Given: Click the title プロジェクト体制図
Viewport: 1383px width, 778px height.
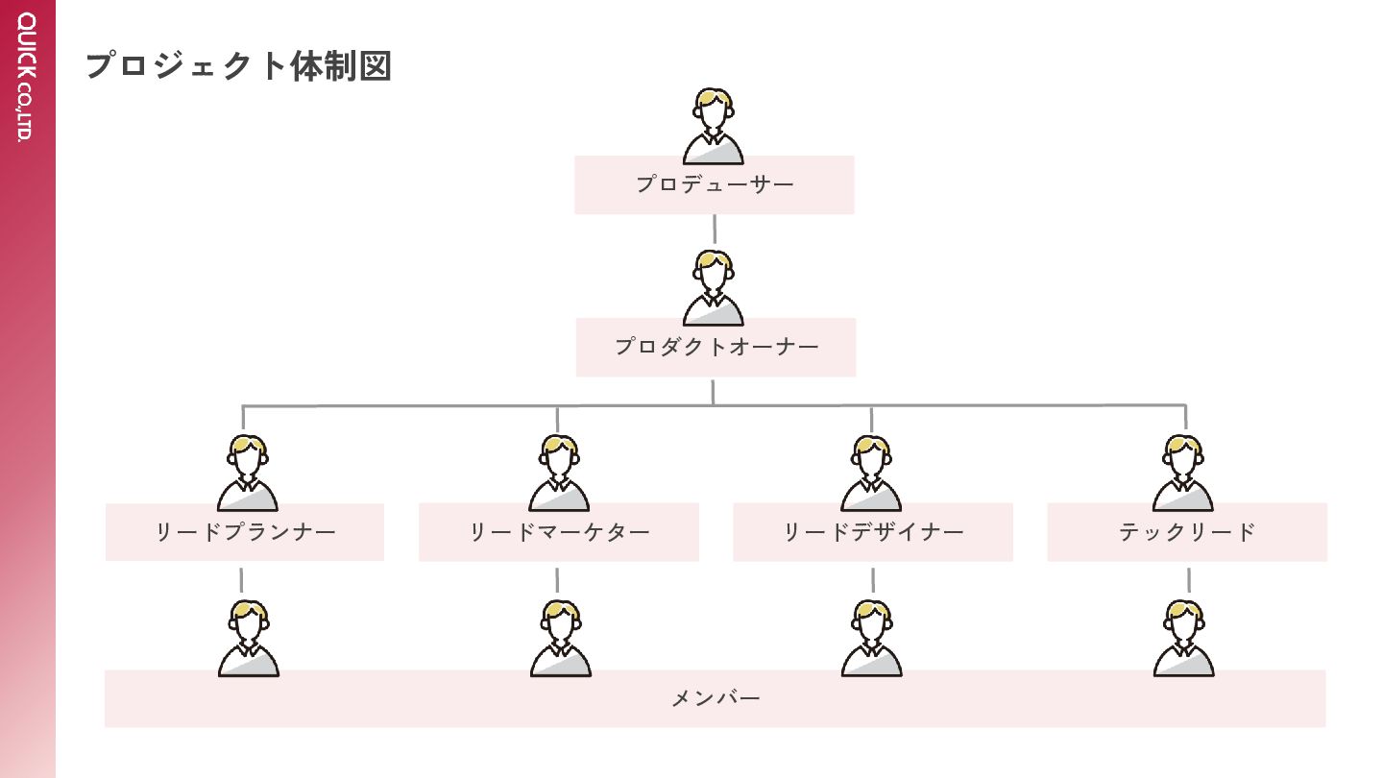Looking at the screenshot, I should tap(238, 66).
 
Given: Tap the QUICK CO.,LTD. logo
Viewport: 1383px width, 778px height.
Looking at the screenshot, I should tap(26, 76).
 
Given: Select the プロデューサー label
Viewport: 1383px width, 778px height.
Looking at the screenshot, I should tap(715, 184).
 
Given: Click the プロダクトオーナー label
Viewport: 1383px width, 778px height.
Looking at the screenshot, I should tap(716, 347).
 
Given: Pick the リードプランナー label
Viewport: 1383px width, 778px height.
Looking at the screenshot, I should tap(245, 532).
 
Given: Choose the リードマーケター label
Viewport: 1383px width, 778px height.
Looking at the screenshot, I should tap(559, 532).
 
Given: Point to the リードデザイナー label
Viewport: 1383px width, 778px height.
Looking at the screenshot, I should tap(873, 532).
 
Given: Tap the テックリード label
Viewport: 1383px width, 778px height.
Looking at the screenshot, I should tap(1187, 532).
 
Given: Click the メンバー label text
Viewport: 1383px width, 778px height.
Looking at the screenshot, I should tap(716, 698).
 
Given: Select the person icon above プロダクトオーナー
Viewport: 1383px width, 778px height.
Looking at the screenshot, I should tap(713, 288).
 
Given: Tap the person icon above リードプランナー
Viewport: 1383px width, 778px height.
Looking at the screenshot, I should tap(247, 473).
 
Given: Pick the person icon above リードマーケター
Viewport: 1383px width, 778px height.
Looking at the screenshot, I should tap(559, 473).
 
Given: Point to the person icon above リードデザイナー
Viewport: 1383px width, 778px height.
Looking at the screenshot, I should tap(871, 473).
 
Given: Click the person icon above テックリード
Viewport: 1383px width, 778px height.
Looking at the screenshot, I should tap(1183, 473).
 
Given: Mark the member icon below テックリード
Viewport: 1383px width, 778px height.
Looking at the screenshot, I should tap(1183, 638).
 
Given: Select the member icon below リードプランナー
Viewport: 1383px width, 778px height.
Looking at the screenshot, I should tap(248, 638).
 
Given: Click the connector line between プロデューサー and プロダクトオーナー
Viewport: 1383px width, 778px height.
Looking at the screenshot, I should tap(715, 230).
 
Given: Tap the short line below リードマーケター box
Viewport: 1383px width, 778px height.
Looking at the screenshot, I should tap(557, 579).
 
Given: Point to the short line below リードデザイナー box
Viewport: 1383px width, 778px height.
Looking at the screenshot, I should tap(873, 579).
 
